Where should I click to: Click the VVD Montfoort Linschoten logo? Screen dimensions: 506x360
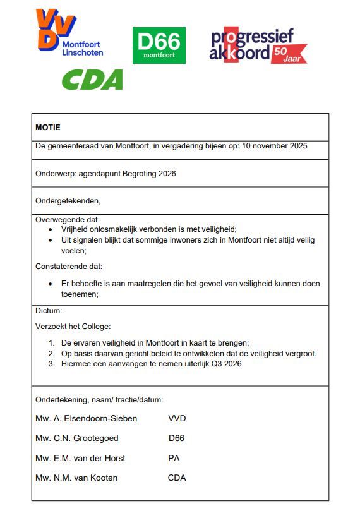click(68, 33)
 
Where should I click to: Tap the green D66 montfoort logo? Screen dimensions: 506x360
click(159, 45)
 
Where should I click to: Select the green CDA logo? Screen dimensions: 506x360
click(92, 80)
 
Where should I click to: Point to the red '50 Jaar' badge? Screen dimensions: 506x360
click(289, 54)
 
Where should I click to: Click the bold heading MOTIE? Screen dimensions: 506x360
click(48, 127)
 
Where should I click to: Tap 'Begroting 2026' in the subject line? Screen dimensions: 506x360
click(152, 173)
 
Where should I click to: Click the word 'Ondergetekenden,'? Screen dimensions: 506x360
click(68, 201)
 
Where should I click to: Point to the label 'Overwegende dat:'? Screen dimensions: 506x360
click(64, 220)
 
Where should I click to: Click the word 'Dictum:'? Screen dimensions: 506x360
click(49, 311)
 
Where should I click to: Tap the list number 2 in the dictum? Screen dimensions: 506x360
click(52, 353)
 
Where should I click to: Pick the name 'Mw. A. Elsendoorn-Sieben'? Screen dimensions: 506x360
click(87, 418)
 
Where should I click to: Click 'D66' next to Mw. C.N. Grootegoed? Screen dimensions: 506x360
click(177, 438)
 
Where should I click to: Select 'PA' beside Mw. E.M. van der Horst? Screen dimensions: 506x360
click(174, 458)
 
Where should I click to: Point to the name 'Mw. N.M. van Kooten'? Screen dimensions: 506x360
click(76, 478)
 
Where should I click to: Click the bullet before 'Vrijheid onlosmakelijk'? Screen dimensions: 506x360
click(51, 230)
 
